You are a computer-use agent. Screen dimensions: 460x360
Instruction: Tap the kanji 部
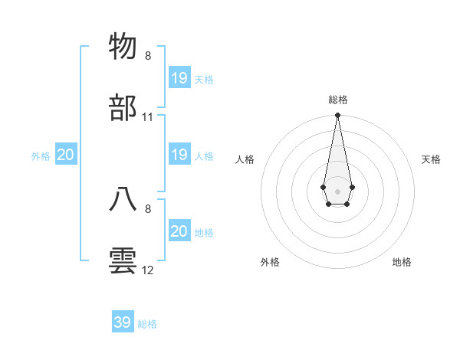(x=123, y=107)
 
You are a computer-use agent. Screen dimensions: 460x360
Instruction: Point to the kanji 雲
(x=123, y=260)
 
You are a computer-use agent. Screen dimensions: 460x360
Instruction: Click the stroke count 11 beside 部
(x=148, y=117)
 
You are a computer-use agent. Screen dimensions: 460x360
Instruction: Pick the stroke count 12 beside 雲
(x=148, y=270)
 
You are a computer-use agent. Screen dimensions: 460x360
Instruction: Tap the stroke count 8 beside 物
(x=148, y=56)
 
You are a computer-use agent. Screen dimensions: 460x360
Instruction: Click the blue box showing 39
(x=123, y=322)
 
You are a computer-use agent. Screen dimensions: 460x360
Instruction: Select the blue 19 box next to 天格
(x=179, y=78)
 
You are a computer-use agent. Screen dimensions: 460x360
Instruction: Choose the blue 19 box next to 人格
(x=179, y=155)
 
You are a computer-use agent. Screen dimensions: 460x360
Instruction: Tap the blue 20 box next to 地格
(x=179, y=231)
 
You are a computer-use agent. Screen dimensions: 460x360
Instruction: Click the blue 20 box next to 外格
(x=66, y=155)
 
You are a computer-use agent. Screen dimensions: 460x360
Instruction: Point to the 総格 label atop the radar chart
(x=337, y=100)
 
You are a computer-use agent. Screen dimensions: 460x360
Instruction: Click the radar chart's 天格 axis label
(x=432, y=159)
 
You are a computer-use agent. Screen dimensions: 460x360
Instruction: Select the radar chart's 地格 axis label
(x=402, y=262)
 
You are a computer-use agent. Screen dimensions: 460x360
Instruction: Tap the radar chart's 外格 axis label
(x=270, y=262)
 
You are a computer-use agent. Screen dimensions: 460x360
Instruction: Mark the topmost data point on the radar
(x=337, y=116)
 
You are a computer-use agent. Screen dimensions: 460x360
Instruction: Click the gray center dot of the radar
(x=337, y=190)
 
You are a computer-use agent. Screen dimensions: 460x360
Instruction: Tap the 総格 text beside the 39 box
(x=147, y=324)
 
